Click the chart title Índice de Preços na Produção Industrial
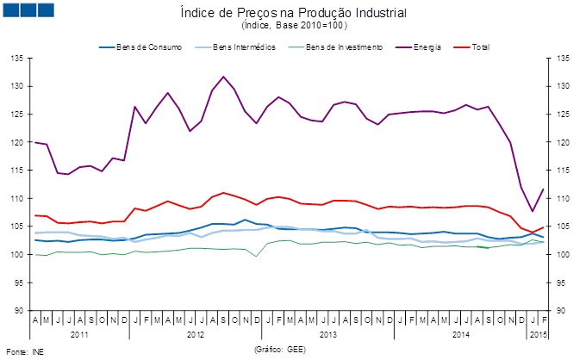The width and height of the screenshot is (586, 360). tap(294, 14)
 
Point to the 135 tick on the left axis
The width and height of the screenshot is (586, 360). tap(16, 59)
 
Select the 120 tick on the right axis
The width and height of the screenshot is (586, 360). tap(564, 142)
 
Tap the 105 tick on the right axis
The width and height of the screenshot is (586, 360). tap(564, 227)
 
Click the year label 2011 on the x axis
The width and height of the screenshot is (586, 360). tap(78, 332)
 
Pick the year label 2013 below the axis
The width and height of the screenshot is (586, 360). tap(327, 332)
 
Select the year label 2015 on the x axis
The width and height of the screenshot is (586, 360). tap(537, 332)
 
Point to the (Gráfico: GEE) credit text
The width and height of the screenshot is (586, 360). tap(280, 350)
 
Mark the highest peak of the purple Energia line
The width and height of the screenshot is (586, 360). tap(224, 77)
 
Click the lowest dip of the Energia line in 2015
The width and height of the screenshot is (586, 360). tap(532, 211)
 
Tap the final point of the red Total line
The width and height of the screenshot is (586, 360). tap(543, 227)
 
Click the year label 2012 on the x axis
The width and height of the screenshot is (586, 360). tap(195, 332)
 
